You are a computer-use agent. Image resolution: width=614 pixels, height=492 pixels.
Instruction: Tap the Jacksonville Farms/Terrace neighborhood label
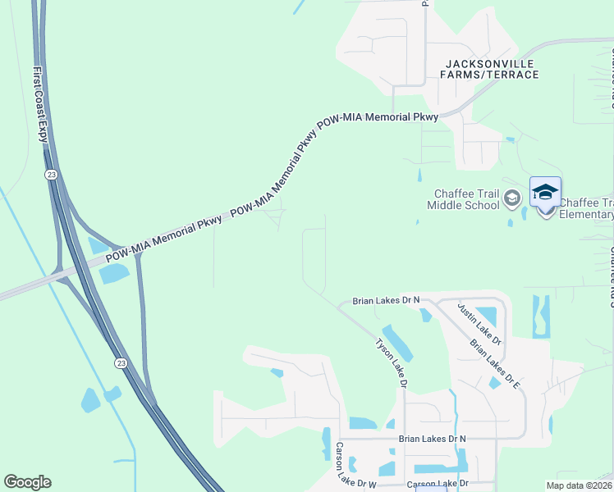490,69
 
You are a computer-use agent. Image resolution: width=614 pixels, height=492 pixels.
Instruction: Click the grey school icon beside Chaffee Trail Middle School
512,198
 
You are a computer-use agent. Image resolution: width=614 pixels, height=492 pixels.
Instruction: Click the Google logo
27,482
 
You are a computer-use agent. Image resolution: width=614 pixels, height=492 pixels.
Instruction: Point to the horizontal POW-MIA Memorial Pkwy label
378,118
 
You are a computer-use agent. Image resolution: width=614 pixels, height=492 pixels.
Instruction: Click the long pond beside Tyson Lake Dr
398,344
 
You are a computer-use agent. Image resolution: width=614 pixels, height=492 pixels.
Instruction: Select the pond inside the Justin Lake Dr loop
485,317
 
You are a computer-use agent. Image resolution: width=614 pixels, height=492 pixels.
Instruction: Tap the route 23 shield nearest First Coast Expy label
52,175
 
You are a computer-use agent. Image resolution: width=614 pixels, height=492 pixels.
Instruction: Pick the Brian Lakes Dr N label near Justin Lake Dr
386,301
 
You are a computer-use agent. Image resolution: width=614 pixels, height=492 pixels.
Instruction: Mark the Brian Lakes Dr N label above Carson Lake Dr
432,440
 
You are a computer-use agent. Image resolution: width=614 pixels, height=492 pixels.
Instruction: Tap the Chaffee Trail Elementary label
586,209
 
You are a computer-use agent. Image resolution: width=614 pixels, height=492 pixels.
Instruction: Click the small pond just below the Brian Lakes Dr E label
494,383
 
